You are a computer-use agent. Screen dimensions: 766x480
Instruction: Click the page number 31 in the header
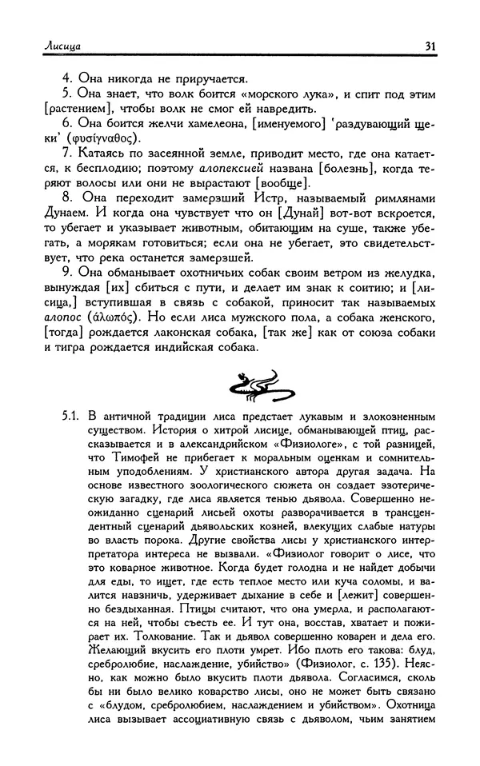[430, 46]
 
